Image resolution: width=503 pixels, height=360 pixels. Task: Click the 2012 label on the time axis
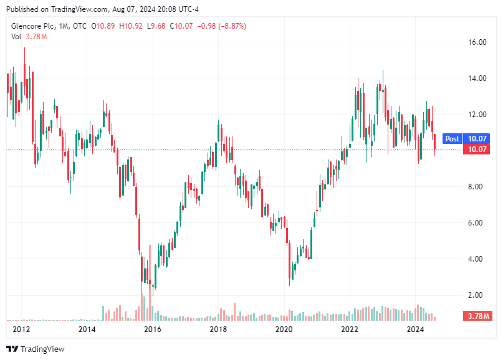pyautogui.click(x=21, y=329)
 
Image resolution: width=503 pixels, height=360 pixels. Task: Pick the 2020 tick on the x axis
pyautogui.click(x=284, y=329)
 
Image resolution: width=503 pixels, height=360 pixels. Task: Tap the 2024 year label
pyautogui.click(x=416, y=329)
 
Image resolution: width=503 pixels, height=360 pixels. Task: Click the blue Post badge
pyautogui.click(x=453, y=138)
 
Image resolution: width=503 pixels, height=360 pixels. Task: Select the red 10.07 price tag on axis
pyautogui.click(x=477, y=149)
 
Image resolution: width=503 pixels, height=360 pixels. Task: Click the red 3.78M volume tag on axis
pyautogui.click(x=477, y=316)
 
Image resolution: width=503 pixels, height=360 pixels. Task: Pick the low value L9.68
pyautogui.click(x=158, y=26)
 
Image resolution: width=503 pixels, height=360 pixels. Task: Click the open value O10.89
pyautogui.click(x=103, y=26)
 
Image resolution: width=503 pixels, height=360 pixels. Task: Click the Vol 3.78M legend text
pyautogui.click(x=29, y=37)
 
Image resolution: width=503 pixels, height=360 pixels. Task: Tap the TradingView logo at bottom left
pyautogui.click(x=36, y=349)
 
